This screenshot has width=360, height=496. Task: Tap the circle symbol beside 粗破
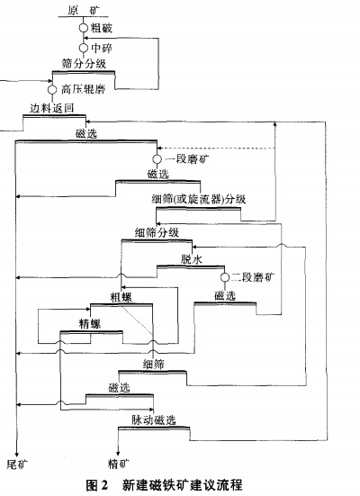pos(83,28)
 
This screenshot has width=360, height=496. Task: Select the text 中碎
pos(101,47)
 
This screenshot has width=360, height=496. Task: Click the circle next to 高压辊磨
pos(52,89)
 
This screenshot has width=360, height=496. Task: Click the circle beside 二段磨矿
pos(222,276)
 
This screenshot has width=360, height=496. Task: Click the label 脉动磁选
pos(153,419)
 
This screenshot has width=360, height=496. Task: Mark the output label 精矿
pos(119,464)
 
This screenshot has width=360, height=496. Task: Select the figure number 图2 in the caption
pos(97,485)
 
